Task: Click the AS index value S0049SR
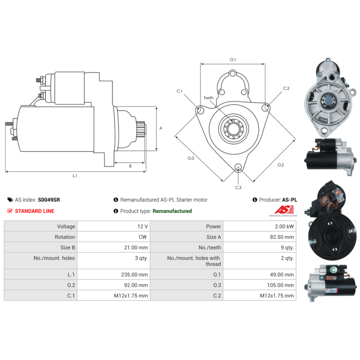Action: point(49,200)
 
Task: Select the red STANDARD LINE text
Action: point(35,211)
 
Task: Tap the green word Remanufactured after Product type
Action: point(172,211)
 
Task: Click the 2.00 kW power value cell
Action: point(260,226)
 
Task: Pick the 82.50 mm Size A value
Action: point(282,237)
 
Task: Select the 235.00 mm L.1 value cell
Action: point(114,274)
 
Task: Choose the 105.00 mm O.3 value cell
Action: point(260,285)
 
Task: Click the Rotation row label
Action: point(65,237)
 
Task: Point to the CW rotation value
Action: point(143,237)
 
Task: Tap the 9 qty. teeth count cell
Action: point(260,247)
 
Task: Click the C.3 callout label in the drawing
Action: point(238,188)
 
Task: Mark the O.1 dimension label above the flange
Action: point(233,60)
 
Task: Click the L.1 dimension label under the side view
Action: point(75,175)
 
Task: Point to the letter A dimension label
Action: point(161,128)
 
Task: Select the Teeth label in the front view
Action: point(208,98)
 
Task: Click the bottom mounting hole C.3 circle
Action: point(238,167)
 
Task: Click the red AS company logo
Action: point(284,210)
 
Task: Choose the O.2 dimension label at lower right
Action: point(280,165)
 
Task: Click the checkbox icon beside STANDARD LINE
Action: point(9,211)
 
